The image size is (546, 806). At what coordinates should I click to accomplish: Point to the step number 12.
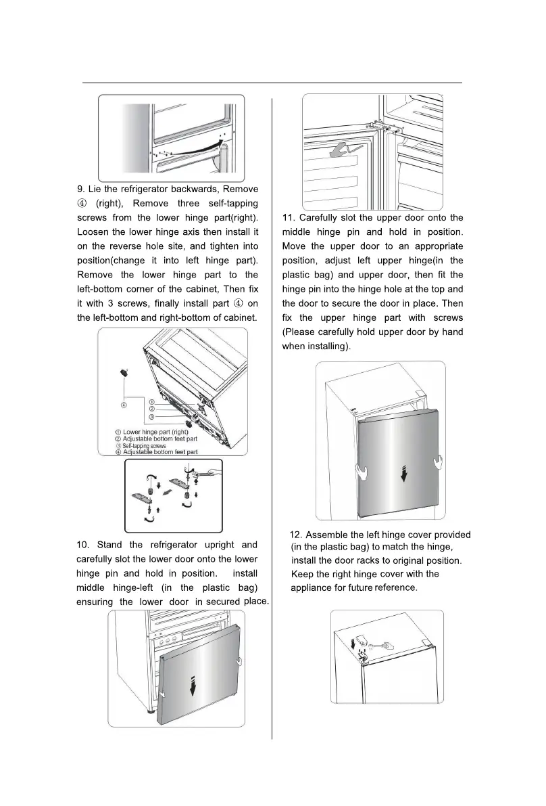coord(296,535)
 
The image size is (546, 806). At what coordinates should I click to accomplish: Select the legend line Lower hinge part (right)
coord(155,432)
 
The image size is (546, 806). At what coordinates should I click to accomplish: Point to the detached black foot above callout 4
coord(124,372)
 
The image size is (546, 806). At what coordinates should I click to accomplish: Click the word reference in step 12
coord(396,588)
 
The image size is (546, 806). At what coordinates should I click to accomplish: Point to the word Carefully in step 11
coord(322,218)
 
